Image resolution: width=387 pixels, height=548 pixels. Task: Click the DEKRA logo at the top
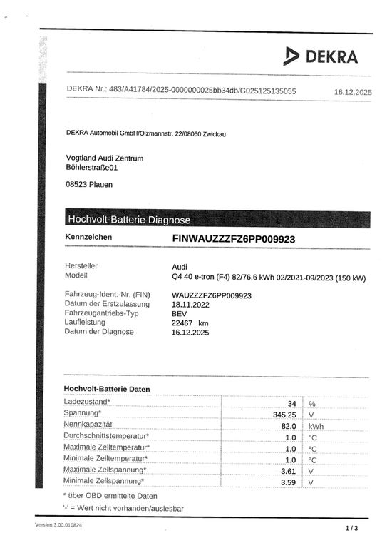click(x=320, y=56)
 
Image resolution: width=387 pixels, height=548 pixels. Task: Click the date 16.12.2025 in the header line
click(x=353, y=92)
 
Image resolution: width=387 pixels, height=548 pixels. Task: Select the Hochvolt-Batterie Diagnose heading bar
click(x=128, y=219)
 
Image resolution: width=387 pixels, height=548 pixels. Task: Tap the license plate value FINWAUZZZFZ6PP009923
click(x=234, y=238)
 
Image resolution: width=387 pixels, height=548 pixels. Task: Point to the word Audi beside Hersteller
click(x=180, y=265)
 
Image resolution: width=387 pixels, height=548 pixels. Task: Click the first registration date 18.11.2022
click(x=193, y=303)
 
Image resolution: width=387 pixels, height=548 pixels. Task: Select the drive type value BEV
click(x=180, y=313)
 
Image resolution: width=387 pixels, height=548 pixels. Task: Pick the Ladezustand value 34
click(x=291, y=403)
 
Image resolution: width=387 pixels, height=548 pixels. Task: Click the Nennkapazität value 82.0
click(x=287, y=426)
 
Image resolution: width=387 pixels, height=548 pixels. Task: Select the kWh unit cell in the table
click(x=316, y=426)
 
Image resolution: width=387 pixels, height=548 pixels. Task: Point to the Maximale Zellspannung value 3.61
click(x=288, y=471)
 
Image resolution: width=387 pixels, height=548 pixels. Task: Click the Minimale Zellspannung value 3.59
click(x=288, y=482)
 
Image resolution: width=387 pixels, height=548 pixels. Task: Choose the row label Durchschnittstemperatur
click(x=106, y=437)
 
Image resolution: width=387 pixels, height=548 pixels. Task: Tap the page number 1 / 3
click(x=351, y=528)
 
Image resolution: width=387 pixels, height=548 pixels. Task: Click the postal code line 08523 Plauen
click(x=88, y=184)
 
